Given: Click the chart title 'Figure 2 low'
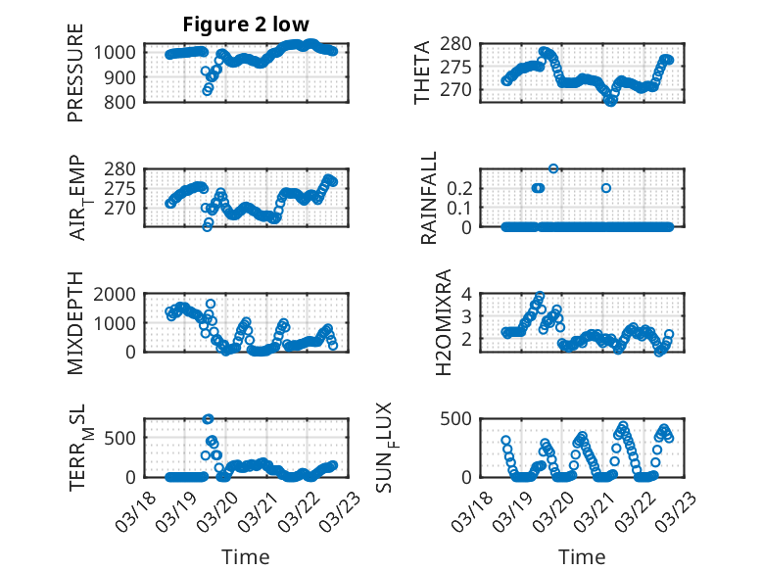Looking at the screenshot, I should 248,24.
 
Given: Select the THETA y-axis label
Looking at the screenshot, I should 422,72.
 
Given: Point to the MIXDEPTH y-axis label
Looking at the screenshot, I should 75,324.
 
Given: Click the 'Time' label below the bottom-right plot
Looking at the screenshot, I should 582,556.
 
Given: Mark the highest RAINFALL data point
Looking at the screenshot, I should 553,168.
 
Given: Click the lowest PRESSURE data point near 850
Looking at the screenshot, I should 207,91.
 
